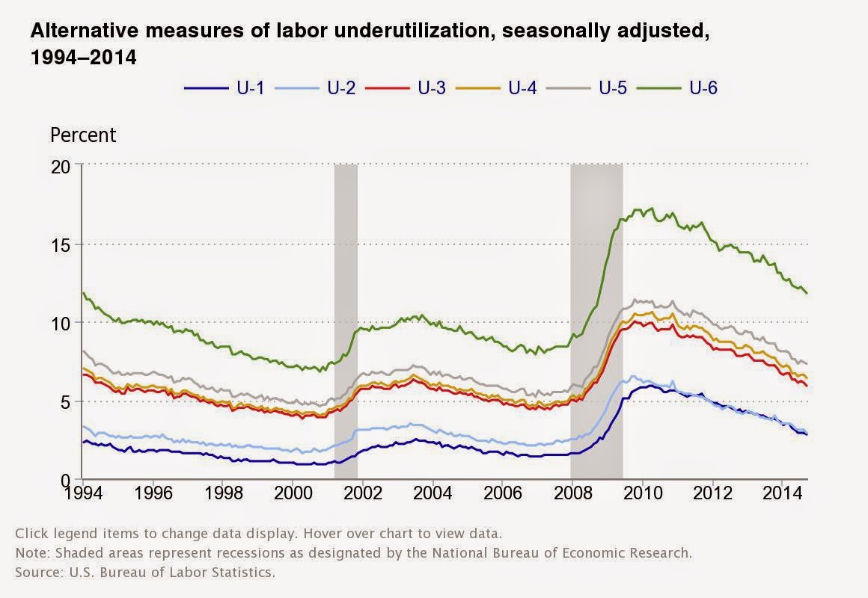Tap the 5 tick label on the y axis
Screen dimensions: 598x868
click(x=65, y=401)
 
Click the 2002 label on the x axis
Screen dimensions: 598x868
click(x=363, y=494)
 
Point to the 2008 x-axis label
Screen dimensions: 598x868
click(x=572, y=494)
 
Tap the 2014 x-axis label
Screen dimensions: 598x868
click(x=782, y=494)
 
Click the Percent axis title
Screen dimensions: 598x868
click(x=83, y=135)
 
